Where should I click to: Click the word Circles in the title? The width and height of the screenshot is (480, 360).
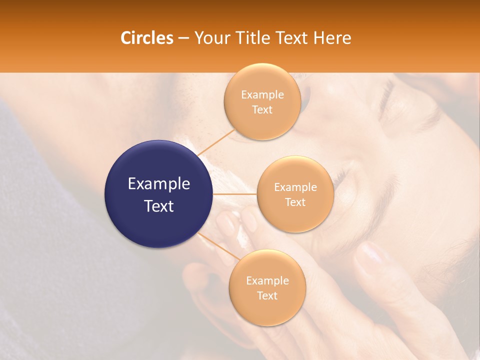point(146,38)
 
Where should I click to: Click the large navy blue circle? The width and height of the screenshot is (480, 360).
point(158,194)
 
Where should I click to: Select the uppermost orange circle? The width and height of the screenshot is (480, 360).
point(262,101)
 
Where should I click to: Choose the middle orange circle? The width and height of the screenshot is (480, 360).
point(295,194)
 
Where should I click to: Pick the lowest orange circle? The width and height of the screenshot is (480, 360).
point(267,287)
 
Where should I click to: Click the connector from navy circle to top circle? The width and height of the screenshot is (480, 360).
point(215,142)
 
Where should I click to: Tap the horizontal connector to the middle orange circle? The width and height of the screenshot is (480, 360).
point(234,194)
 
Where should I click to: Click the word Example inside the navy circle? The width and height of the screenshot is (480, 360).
point(158,184)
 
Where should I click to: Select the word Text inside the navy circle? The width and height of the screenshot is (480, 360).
point(158,205)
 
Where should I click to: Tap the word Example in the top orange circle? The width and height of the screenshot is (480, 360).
point(262,94)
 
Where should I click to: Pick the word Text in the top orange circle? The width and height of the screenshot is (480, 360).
point(262,109)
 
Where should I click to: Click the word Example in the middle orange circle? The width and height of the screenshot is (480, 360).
point(295,187)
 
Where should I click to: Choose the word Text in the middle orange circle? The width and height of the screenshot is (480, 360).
point(295,202)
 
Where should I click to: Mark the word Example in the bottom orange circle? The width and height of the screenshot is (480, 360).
point(267,280)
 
